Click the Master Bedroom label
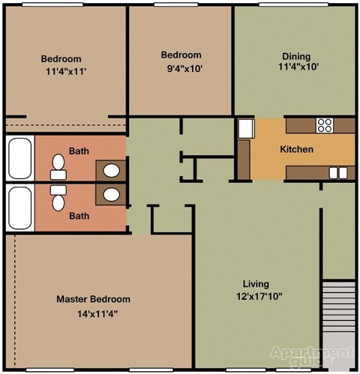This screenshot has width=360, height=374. pyautogui.click(x=93, y=299)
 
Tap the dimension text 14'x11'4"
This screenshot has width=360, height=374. pyautogui.click(x=97, y=314)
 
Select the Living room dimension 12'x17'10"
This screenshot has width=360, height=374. pyautogui.click(x=259, y=297)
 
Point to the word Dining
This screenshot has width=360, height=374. pyautogui.click(x=296, y=56)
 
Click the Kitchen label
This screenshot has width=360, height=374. pyautogui.click(x=296, y=149)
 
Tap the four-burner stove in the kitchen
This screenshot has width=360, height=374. pyautogui.click(x=325, y=125)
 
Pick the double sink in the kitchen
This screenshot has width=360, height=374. pyautogui.click(x=338, y=173)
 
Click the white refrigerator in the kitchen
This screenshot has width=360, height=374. pyautogui.click(x=246, y=129)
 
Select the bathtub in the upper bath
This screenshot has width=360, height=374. pyautogui.click(x=20, y=158)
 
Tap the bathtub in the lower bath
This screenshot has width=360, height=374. pyautogui.click(x=20, y=208)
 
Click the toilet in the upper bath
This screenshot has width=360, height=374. pyautogui.click(x=58, y=166)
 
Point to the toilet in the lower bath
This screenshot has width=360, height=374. pyautogui.click(x=58, y=198)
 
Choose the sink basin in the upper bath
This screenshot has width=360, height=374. pyautogui.click(x=111, y=171)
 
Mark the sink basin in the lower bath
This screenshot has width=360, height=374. pyautogui.click(x=111, y=195)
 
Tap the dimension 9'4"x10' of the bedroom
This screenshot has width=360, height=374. pyautogui.click(x=184, y=68)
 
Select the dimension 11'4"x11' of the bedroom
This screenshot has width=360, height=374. pyautogui.click(x=66, y=72)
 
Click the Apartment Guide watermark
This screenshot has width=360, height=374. pyautogui.click(x=313, y=356)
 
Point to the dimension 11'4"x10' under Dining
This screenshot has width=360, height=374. pyautogui.click(x=298, y=67)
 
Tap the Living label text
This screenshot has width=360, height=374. pyautogui.click(x=256, y=284)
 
